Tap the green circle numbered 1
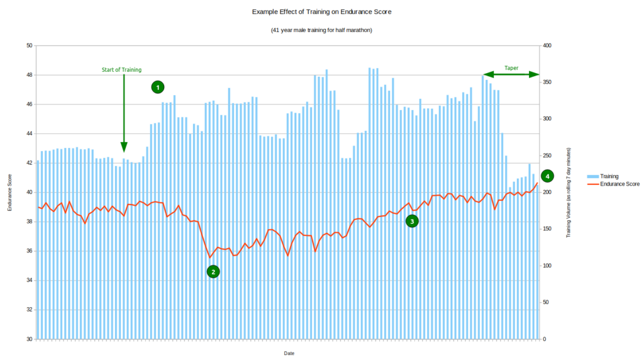coord(158,87)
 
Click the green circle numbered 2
coord(213,271)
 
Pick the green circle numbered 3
coord(412,221)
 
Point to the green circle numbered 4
coord(547,176)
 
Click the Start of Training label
coord(121,70)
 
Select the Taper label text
coord(511,68)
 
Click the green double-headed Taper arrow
coord(511,75)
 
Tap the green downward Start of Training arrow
coord(123,113)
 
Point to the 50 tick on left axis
coord(29,46)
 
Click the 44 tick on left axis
coord(29,133)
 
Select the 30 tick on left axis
coord(29,339)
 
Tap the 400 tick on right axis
coord(548,46)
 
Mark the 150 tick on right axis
coord(548,229)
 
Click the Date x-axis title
coord(289,354)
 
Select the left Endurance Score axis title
coord(9,192)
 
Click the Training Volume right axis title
coord(569,192)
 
